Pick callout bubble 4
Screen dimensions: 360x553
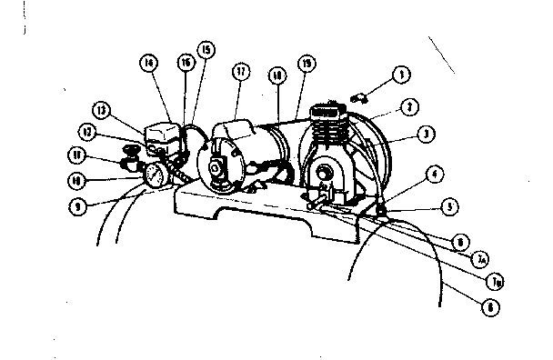[436, 173]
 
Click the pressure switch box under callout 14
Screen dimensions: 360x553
[164, 136]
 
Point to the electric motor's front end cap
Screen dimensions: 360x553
[219, 164]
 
